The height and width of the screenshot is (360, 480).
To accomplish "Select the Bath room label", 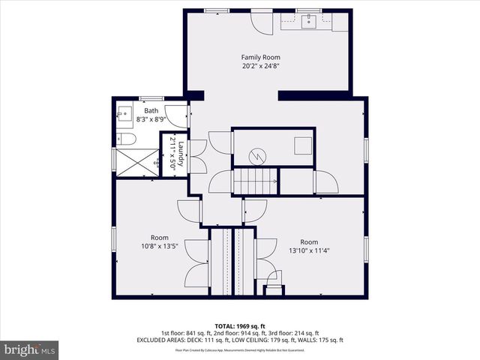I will point(151,111).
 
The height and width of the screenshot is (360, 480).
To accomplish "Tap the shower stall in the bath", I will point(136,162).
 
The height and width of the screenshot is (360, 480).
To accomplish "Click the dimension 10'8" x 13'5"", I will point(160,245).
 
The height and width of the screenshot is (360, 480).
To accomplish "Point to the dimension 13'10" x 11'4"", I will point(309,250).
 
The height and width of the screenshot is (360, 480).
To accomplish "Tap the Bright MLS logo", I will point(30,349).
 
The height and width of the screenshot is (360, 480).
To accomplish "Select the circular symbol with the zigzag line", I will point(257,155).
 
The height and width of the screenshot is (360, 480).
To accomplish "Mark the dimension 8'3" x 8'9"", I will point(151,119).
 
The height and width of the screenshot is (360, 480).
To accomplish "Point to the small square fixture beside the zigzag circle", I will point(302,145).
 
